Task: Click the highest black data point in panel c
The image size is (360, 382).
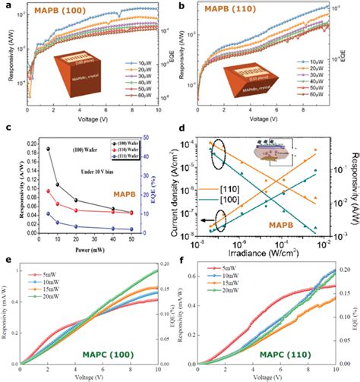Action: coord(50,150)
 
